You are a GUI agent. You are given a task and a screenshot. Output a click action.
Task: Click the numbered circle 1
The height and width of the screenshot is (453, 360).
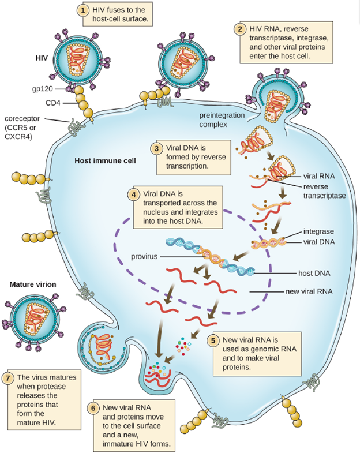(83, 11)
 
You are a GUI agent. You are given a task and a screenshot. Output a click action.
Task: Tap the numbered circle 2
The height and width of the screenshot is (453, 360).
(240, 29)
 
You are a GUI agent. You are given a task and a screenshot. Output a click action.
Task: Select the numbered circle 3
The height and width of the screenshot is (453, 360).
(156, 148)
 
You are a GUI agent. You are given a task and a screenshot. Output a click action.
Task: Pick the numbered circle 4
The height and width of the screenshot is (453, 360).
(133, 194)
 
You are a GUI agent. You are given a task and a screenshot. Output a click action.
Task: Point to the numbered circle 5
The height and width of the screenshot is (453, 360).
(213, 340)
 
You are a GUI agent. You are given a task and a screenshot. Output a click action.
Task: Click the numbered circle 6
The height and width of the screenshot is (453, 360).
(93, 408)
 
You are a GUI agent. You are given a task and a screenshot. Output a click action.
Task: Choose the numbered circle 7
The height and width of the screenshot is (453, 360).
(7, 378)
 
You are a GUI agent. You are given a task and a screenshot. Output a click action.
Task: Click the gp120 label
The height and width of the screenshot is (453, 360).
(43, 89)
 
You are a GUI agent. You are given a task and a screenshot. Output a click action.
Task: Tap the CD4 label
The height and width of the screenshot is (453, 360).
(53, 103)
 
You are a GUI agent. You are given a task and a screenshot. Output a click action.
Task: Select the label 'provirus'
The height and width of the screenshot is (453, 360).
(144, 257)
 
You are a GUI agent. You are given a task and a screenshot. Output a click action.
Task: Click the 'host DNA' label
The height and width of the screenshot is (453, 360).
(314, 274)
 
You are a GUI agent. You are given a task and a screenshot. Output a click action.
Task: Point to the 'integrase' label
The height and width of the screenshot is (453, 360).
(318, 231)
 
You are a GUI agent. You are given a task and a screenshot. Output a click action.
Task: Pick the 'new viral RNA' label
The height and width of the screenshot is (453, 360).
(309, 291)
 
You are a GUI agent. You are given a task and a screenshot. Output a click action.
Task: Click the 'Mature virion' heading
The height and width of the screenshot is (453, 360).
(33, 284)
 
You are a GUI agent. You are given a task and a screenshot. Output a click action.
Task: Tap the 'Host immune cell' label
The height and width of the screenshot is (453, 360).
(105, 160)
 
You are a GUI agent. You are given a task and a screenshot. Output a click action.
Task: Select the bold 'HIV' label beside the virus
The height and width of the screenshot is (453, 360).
(42, 58)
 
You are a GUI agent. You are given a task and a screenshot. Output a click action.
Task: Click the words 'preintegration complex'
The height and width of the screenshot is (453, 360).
(222, 120)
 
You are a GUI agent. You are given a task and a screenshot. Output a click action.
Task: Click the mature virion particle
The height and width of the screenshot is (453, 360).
(34, 321)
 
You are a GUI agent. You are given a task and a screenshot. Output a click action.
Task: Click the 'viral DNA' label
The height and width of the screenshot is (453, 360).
(319, 242)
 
